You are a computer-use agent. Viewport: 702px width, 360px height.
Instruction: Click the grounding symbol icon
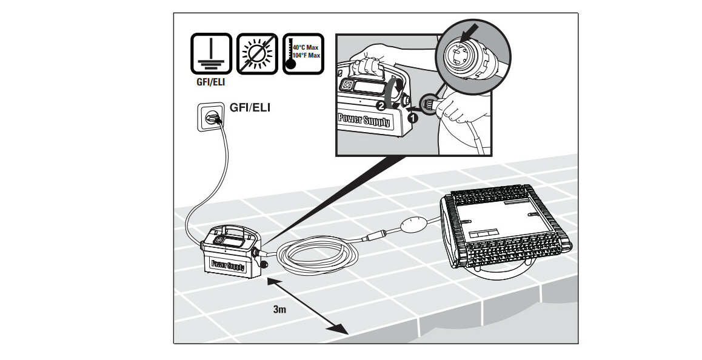[212, 54]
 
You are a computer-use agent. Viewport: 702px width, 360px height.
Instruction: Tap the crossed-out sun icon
[256, 54]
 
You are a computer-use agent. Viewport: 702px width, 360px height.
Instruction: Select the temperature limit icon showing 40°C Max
[301, 54]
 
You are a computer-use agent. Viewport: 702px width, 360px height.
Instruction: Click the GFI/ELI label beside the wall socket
[249, 108]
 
